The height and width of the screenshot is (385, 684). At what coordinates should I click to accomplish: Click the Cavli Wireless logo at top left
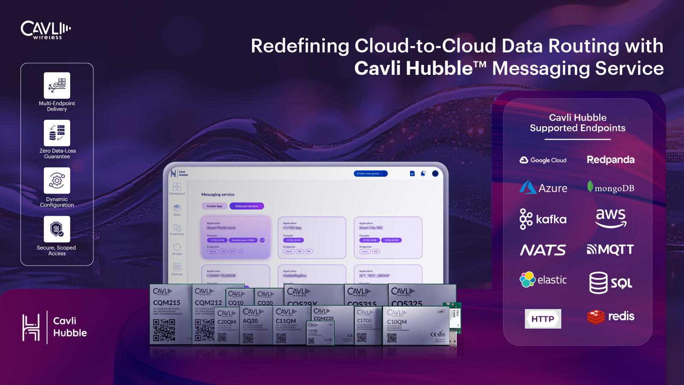coord(46,30)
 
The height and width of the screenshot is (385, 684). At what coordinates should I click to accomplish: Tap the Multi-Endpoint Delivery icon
coord(57,85)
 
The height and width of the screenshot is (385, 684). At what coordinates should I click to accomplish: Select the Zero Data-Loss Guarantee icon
coord(57,133)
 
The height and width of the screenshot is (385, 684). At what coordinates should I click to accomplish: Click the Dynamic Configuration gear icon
coord(57,181)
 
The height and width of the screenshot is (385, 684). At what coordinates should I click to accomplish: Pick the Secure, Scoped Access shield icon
coord(57,229)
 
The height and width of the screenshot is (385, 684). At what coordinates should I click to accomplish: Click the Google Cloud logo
coord(543,160)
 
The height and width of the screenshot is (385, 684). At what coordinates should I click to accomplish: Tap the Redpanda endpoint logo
coord(610,160)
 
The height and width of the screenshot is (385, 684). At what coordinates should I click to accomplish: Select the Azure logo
coord(543,188)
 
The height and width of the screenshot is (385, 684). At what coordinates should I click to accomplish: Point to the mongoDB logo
coord(610,188)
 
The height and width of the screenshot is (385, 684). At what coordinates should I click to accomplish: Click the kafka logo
coord(543,219)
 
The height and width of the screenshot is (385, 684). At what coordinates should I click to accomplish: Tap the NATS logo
coord(543,250)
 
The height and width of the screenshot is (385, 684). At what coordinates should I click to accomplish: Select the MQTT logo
coord(610,249)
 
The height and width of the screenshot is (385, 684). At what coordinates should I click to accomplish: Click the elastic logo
coord(543,280)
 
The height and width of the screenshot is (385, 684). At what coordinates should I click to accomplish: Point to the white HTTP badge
coord(543,319)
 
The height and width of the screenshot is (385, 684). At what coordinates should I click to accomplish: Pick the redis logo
coord(610,317)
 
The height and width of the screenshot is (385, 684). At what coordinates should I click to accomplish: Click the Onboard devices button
coord(247,206)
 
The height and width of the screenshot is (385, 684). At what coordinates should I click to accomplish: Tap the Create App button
coord(214,206)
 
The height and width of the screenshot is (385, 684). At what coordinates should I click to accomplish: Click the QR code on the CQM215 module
coord(164,330)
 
